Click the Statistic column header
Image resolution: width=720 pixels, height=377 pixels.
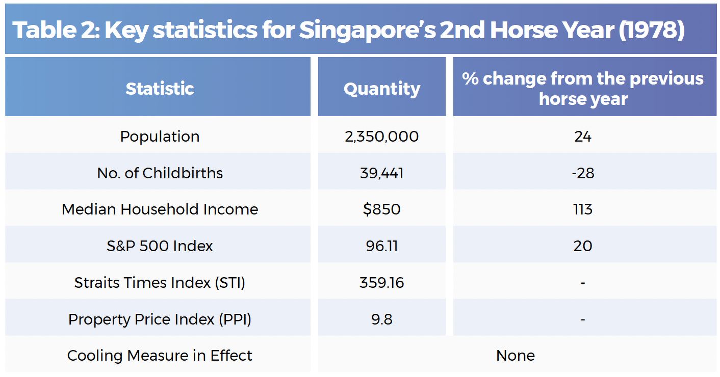pyautogui.click(x=160, y=89)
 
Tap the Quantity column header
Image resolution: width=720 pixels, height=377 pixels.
pyautogui.click(x=382, y=89)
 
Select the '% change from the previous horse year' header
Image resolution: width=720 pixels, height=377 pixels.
pyautogui.click(x=583, y=88)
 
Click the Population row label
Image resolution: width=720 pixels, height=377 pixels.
pyautogui.click(x=160, y=137)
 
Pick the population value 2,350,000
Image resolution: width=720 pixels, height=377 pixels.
pyautogui.click(x=382, y=137)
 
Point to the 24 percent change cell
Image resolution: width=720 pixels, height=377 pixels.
pyautogui.click(x=583, y=137)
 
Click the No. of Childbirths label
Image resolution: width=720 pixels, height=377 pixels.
pyautogui.click(x=160, y=173)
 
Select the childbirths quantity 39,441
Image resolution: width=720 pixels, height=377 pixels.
pyautogui.click(x=382, y=173)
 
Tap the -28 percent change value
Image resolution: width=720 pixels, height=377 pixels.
pyautogui.click(x=583, y=173)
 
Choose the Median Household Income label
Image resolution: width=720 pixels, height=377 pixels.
pyautogui.click(x=160, y=209)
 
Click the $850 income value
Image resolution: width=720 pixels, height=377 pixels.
pyautogui.click(x=382, y=209)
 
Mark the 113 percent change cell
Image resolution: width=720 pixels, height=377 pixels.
pyautogui.click(x=583, y=209)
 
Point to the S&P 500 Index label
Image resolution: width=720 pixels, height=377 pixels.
pyautogui.click(x=160, y=246)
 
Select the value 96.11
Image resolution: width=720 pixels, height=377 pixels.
pyautogui.click(x=382, y=246)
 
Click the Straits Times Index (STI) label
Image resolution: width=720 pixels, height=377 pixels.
pyautogui.click(x=160, y=283)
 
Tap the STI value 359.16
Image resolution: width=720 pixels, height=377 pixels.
pyautogui.click(x=382, y=283)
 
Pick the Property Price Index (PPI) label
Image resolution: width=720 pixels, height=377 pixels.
pyautogui.click(x=160, y=319)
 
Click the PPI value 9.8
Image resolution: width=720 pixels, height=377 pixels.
pyautogui.click(x=382, y=319)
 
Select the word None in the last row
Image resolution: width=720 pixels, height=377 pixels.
pyautogui.click(x=516, y=356)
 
